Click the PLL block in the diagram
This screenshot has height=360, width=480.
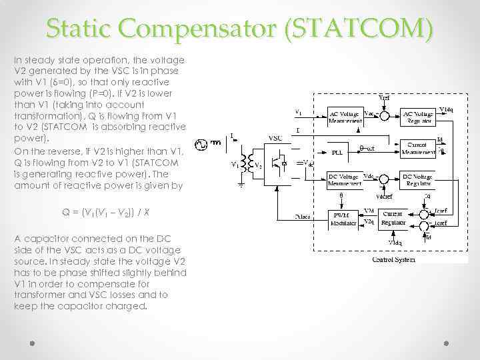pyautogui.click(x=337, y=151)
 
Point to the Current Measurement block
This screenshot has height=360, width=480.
pyautogui.click(x=417, y=148)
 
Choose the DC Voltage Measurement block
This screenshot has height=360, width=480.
pyautogui.click(x=345, y=180)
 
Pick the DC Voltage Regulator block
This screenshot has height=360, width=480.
pyautogui.click(x=417, y=180)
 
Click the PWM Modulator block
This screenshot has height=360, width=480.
pyautogui.click(x=345, y=218)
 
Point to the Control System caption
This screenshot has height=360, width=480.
pyautogui.click(x=393, y=260)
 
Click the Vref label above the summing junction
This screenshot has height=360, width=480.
pyautogui.click(x=385, y=97)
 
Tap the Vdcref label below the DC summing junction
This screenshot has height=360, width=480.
pyautogui.click(x=384, y=197)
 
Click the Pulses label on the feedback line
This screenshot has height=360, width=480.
pyautogui.click(x=303, y=217)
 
